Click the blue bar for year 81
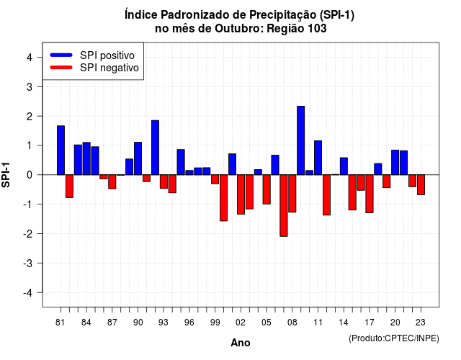(61, 150)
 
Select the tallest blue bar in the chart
(301, 140)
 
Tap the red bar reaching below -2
(284, 205)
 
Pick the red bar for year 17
(370, 194)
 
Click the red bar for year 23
(421, 184)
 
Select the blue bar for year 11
(318, 158)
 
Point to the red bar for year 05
(267, 189)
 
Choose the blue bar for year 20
(395, 163)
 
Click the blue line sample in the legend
(61, 55)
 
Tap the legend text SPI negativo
(109, 68)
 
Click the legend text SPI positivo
(107, 55)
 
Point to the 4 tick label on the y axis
(30, 58)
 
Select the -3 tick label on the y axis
(28, 263)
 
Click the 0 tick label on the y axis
(30, 175)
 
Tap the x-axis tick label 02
(241, 323)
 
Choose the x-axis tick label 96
(189, 323)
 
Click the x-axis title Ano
(241, 343)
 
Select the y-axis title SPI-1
(6, 175)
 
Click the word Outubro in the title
(239, 29)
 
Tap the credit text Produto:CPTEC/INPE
(394, 338)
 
